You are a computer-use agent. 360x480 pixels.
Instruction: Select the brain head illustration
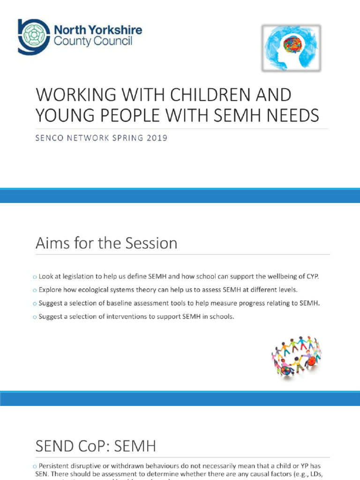(x=291, y=48)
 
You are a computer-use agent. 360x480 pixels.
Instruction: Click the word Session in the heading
(x=152, y=244)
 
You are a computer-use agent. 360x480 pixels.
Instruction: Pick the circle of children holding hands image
(x=296, y=356)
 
